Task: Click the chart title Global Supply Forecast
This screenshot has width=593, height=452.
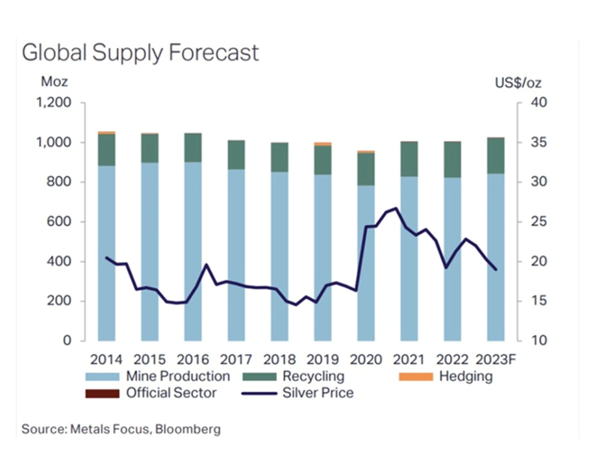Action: [140, 52]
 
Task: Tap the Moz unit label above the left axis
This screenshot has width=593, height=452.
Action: [54, 83]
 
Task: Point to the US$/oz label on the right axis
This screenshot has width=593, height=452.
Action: [518, 83]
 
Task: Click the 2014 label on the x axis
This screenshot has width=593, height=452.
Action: [106, 360]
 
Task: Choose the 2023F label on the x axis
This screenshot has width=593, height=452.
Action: [498, 360]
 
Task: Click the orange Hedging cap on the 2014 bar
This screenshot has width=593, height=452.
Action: [107, 133]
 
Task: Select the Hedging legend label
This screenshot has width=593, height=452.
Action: [466, 376]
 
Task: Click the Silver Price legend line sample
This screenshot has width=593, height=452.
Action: [258, 393]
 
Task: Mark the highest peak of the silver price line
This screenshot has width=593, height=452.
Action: [396, 208]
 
